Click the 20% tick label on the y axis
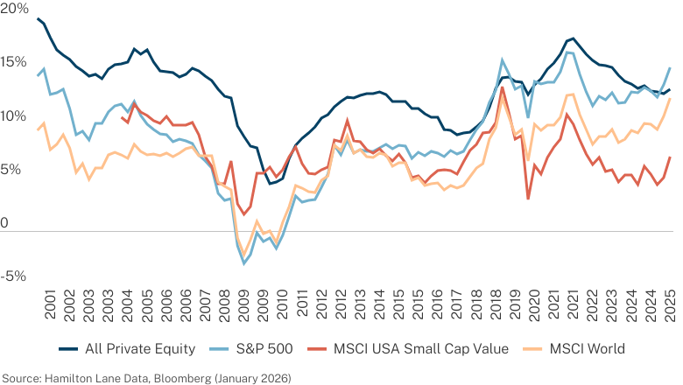coord(14,8)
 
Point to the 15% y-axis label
coord(13,62)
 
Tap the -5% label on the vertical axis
coord(13,276)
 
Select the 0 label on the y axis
coord(4,223)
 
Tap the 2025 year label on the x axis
coord(669,305)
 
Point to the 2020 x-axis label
coord(533,305)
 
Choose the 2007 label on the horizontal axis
coord(205,305)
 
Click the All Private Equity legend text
coord(140,349)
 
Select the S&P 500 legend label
coord(264,349)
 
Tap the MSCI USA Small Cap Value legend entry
coord(421,349)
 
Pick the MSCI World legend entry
coord(588,349)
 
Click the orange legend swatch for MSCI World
coord(533,349)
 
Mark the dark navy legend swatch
coord(68,349)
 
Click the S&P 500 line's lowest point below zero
coord(244,263)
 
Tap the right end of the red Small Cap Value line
coord(670,157)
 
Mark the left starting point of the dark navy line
coord(38,18)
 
